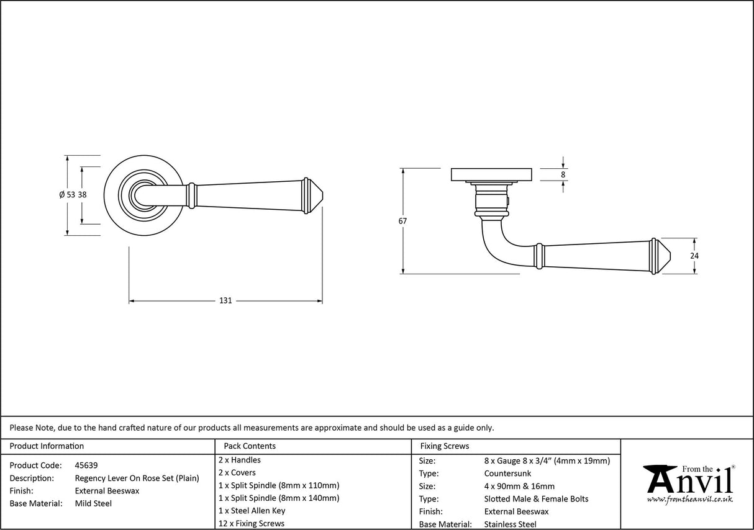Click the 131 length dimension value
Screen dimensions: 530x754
tap(225, 301)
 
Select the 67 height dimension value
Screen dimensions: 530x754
tap(403, 221)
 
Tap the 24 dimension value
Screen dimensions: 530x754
tap(694, 256)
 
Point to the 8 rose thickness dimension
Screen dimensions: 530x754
tap(563, 175)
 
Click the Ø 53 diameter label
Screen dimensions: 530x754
tap(67, 195)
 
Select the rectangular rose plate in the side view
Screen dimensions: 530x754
tap(491, 174)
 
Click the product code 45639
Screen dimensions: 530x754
tap(86, 465)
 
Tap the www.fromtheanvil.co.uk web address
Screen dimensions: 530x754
tap(689, 500)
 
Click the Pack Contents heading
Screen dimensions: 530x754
tap(250, 446)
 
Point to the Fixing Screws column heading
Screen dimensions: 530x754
tap(445, 446)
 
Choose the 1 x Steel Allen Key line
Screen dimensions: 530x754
tap(252, 511)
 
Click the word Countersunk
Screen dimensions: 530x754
tap(507, 474)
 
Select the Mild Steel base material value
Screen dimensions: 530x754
tap(93, 503)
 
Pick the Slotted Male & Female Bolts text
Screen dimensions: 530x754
tap(536, 499)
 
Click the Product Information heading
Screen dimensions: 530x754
tap(47, 446)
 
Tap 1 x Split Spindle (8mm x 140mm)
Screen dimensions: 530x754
tap(279, 498)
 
